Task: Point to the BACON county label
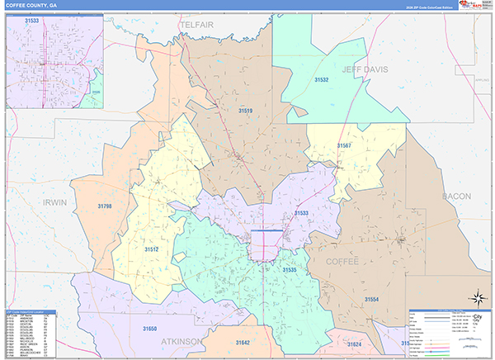coord(455,196)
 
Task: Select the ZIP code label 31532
coord(321,79)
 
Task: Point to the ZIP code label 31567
coord(344,145)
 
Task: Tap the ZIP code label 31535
coord(290,269)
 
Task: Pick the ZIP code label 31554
coord(373,298)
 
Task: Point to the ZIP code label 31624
coord(354,343)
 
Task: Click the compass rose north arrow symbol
coord(476,296)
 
